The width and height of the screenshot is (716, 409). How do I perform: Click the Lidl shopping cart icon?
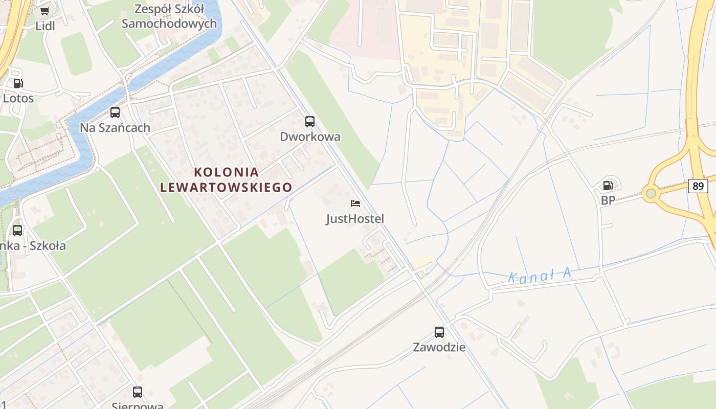pos(44,11)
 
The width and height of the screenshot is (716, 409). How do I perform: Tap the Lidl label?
pos(45,26)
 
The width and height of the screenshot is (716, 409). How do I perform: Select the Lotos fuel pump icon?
pos(18,83)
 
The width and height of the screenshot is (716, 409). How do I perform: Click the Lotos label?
pos(18,98)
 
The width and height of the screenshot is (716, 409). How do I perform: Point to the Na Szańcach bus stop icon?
pos(115,112)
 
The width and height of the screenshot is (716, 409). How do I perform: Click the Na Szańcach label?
pos(115,128)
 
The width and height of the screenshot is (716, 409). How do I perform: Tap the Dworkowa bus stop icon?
pos(310,122)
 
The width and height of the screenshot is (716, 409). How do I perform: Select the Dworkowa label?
pos(310,137)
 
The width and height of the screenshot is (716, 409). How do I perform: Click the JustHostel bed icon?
pos(355,203)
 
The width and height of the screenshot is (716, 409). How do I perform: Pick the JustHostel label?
pos(355,219)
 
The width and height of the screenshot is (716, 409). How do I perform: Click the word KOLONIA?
pos(227,172)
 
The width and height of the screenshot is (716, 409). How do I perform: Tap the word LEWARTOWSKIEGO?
pos(226,188)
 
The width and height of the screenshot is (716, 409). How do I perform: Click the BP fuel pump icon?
pos(608,186)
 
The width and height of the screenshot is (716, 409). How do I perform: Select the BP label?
pos(608,201)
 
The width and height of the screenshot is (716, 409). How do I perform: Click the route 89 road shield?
pos(698,186)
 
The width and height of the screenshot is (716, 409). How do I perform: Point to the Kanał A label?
pos(540,277)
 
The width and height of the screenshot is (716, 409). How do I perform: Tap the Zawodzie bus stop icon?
pos(439,332)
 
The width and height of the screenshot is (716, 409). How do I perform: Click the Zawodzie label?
pos(439,348)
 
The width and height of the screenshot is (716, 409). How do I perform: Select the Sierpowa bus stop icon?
pos(138,392)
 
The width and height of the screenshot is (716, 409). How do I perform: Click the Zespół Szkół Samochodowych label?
pos(169,16)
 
